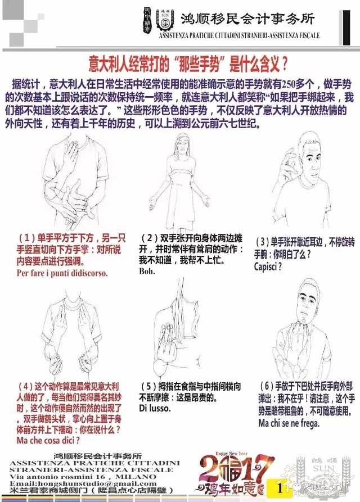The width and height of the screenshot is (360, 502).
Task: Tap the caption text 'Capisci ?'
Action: pyautogui.click(x=268, y=266)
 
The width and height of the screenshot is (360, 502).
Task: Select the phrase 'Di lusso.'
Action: pyautogui.click(x=155, y=408)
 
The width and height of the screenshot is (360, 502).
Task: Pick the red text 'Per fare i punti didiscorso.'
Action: pyautogui.click(x=62, y=273)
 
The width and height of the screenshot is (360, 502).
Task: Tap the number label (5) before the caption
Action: pyautogui.click(x=148, y=387)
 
